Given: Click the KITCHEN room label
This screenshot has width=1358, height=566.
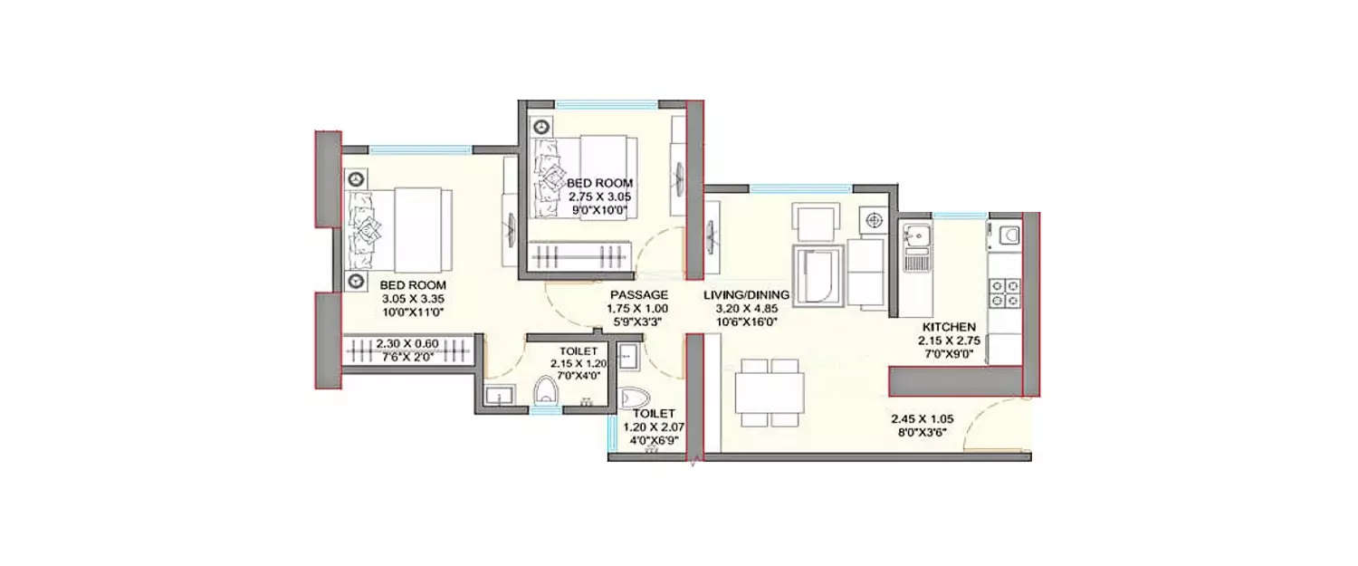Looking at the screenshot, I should point(948,326).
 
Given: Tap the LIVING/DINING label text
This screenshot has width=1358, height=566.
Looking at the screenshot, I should point(747,294).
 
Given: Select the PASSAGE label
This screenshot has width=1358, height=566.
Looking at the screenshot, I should point(638,294).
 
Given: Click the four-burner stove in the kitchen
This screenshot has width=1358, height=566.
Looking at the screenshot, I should point(1005,293).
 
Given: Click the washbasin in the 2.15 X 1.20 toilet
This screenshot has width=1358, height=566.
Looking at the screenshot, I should point(497,395).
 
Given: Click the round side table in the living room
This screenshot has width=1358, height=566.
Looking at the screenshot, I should point(874,218).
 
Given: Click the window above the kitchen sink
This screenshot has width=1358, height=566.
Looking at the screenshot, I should point(960,216).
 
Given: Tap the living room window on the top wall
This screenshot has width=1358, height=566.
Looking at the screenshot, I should point(799,187).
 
